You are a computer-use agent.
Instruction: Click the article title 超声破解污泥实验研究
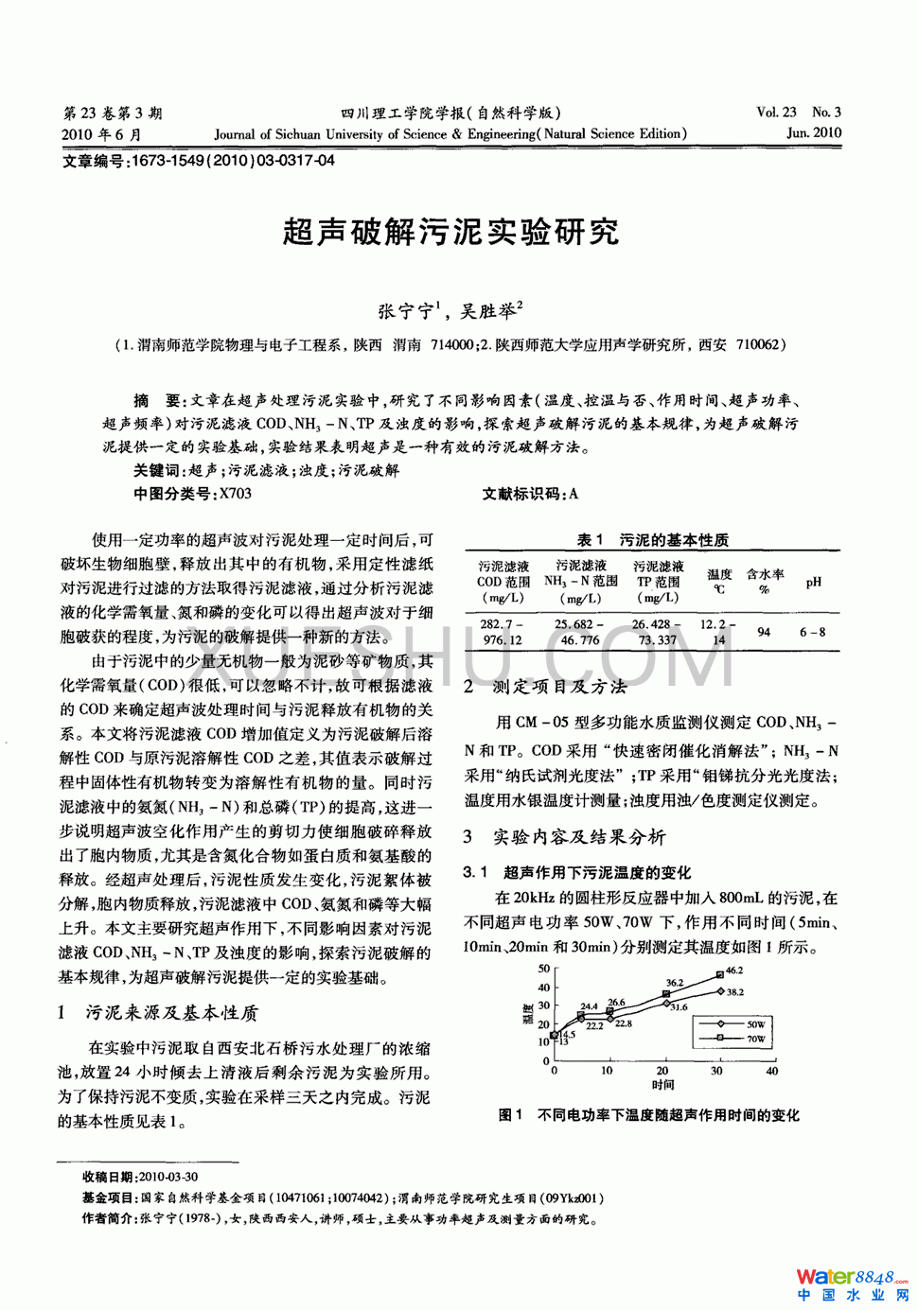[450, 232]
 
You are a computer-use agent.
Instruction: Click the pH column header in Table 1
[813, 582]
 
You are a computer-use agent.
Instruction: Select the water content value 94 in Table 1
[764, 632]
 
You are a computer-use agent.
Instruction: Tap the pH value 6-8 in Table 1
[812, 632]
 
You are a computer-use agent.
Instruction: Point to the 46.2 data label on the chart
[734, 970]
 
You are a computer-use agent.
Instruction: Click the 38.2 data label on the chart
[734, 992]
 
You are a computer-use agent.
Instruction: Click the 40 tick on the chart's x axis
[771, 1071]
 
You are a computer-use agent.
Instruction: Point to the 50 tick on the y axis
[543, 969]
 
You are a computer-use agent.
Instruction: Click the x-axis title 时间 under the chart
[662, 1085]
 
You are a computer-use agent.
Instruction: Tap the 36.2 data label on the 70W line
[674, 983]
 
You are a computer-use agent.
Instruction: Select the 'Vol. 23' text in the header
[776, 113]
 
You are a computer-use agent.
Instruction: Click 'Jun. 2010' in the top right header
[813, 133]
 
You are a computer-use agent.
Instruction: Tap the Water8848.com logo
[852, 1285]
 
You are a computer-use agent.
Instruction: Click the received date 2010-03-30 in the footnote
[168, 1177]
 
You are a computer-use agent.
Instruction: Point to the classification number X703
[235, 494]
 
